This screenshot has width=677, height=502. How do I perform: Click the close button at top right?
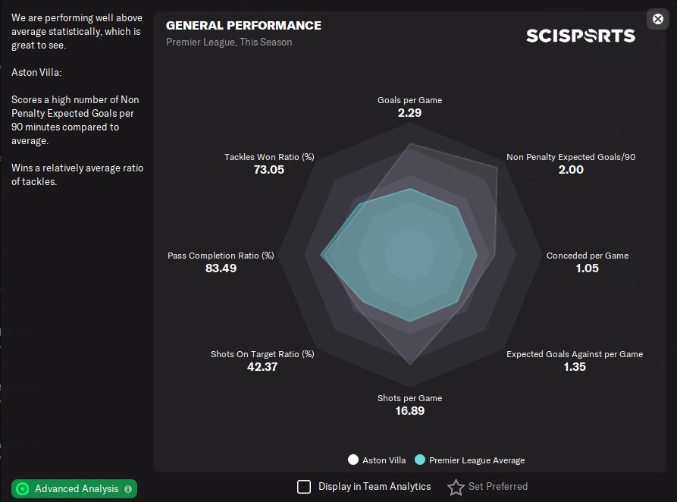point(657,19)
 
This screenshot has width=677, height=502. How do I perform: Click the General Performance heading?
point(243,26)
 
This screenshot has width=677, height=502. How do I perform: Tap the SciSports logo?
point(581,36)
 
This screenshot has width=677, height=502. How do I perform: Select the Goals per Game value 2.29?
point(409,113)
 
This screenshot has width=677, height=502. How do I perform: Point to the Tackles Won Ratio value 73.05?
point(268,170)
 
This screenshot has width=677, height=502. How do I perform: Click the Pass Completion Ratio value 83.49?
point(221,268)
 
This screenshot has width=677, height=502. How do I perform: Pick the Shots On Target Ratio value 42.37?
point(262,367)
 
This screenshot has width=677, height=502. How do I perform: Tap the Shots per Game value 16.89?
point(409,411)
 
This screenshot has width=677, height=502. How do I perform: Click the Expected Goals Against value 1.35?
point(575,367)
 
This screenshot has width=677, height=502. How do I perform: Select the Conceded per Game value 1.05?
point(587,268)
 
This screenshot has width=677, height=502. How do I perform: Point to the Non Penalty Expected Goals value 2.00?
point(571,170)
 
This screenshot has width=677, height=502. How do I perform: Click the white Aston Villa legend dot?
point(353,460)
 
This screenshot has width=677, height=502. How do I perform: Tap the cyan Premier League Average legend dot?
point(420,460)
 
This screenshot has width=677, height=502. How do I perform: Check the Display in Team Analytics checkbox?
point(304,487)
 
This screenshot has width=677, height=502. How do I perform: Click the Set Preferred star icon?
point(456,487)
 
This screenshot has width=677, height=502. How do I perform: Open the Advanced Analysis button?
point(74,489)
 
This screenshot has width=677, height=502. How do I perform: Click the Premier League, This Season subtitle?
point(229,42)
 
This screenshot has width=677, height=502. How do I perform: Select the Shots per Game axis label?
point(409,398)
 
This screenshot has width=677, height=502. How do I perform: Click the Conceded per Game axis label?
point(587,256)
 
